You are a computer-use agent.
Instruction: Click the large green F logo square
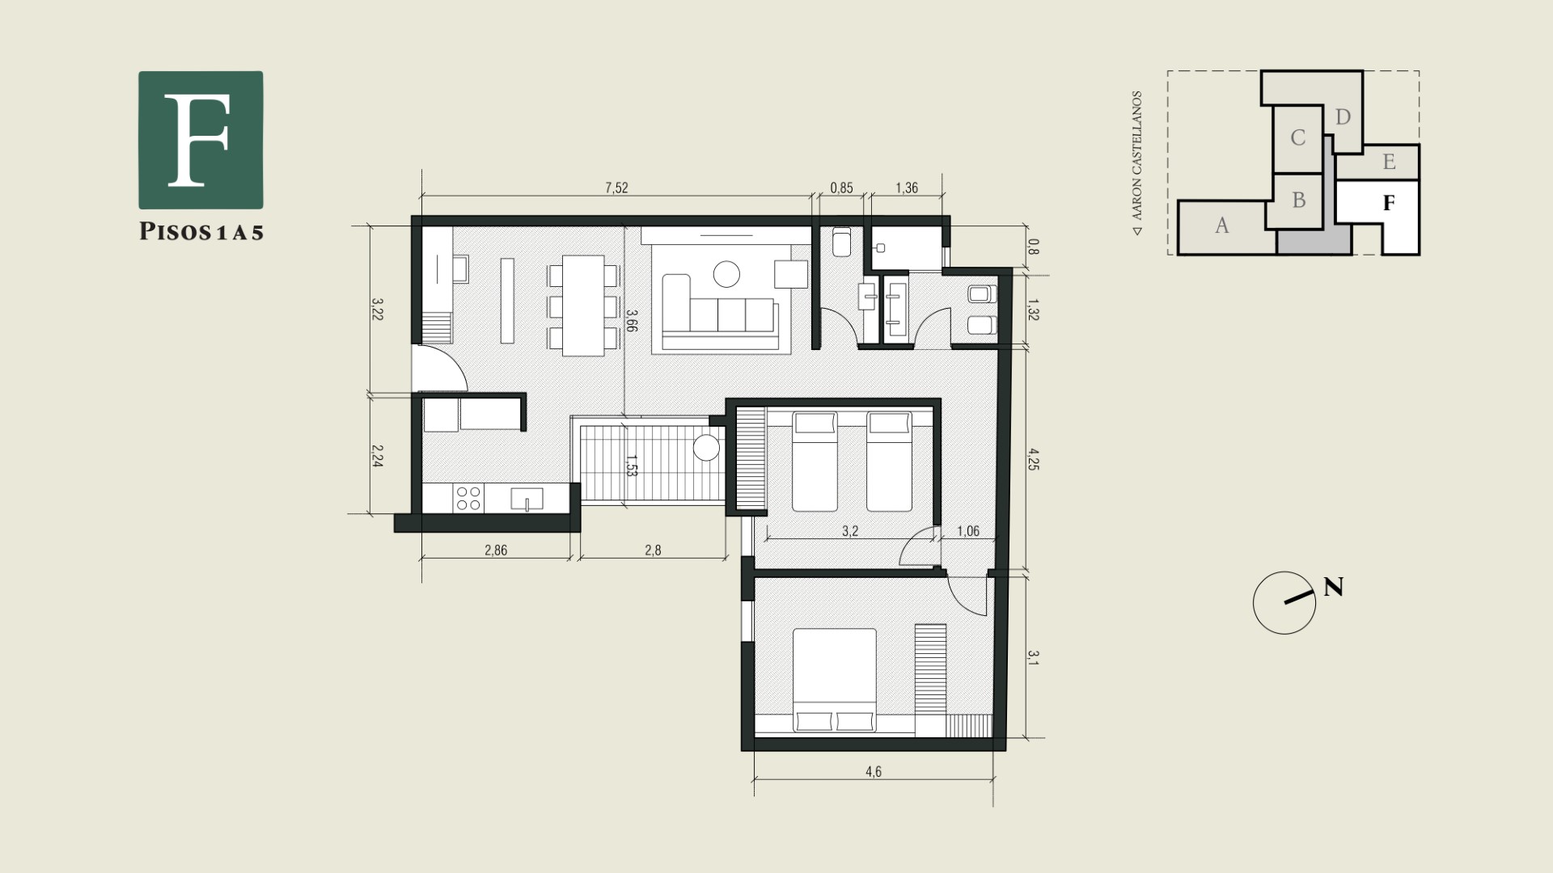pyautogui.click(x=201, y=140)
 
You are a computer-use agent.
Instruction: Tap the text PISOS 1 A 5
pyautogui.click(x=201, y=232)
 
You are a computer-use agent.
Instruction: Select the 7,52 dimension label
pyautogui.click(x=616, y=188)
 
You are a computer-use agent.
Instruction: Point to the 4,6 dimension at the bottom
pyautogui.click(x=874, y=771)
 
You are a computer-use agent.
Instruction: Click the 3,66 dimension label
pyautogui.click(x=632, y=321)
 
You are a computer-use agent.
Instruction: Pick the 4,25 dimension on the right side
pyautogui.click(x=1033, y=458)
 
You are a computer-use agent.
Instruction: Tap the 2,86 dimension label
pyautogui.click(x=496, y=550)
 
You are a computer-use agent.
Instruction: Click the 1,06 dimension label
pyautogui.click(x=968, y=531)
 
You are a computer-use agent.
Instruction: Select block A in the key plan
pyautogui.click(x=1222, y=226)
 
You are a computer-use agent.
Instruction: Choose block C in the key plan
pyautogui.click(x=1297, y=138)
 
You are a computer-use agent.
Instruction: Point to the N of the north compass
pyautogui.click(x=1334, y=587)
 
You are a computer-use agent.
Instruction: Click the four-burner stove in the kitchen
pyautogui.click(x=468, y=498)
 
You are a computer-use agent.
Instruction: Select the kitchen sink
pyautogui.click(x=527, y=499)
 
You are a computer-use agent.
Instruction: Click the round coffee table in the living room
pyautogui.click(x=727, y=274)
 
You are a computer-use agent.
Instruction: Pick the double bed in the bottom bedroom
pyautogui.click(x=835, y=681)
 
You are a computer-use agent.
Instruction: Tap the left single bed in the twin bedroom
pyautogui.click(x=815, y=462)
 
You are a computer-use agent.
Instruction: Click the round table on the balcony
pyautogui.click(x=707, y=448)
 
